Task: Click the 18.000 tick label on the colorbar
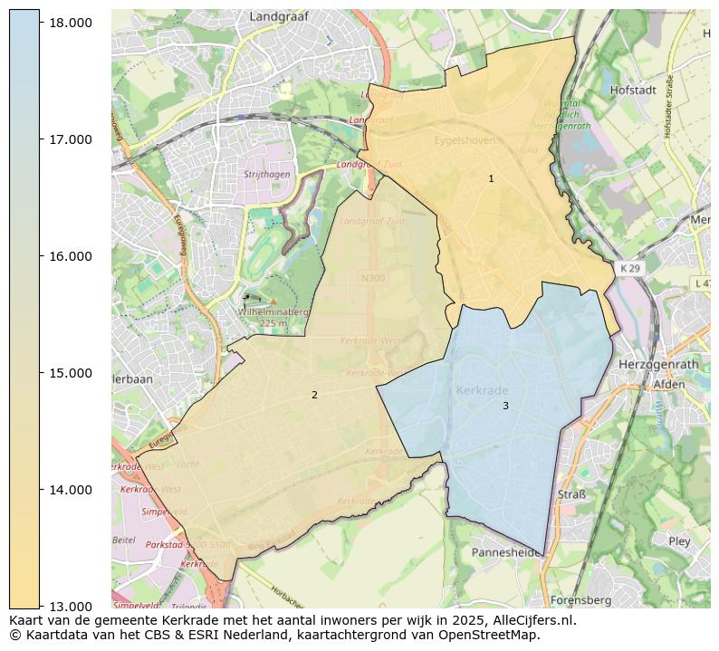pos(70,22)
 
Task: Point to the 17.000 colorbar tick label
pos(70,139)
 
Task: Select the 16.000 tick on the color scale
pos(70,255)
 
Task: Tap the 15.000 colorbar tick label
pos(70,372)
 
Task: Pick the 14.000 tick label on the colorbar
pos(70,489)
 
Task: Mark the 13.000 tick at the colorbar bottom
pos(70,606)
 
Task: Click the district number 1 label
pos(491,179)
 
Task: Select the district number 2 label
pos(314,395)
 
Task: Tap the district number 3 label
pos(505,406)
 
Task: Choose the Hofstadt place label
pos(633,91)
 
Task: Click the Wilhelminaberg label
pos(273,312)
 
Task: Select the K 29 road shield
pos(630,269)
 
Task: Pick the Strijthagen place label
pos(266,174)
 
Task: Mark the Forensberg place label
pos(580,599)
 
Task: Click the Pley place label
pos(678,541)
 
